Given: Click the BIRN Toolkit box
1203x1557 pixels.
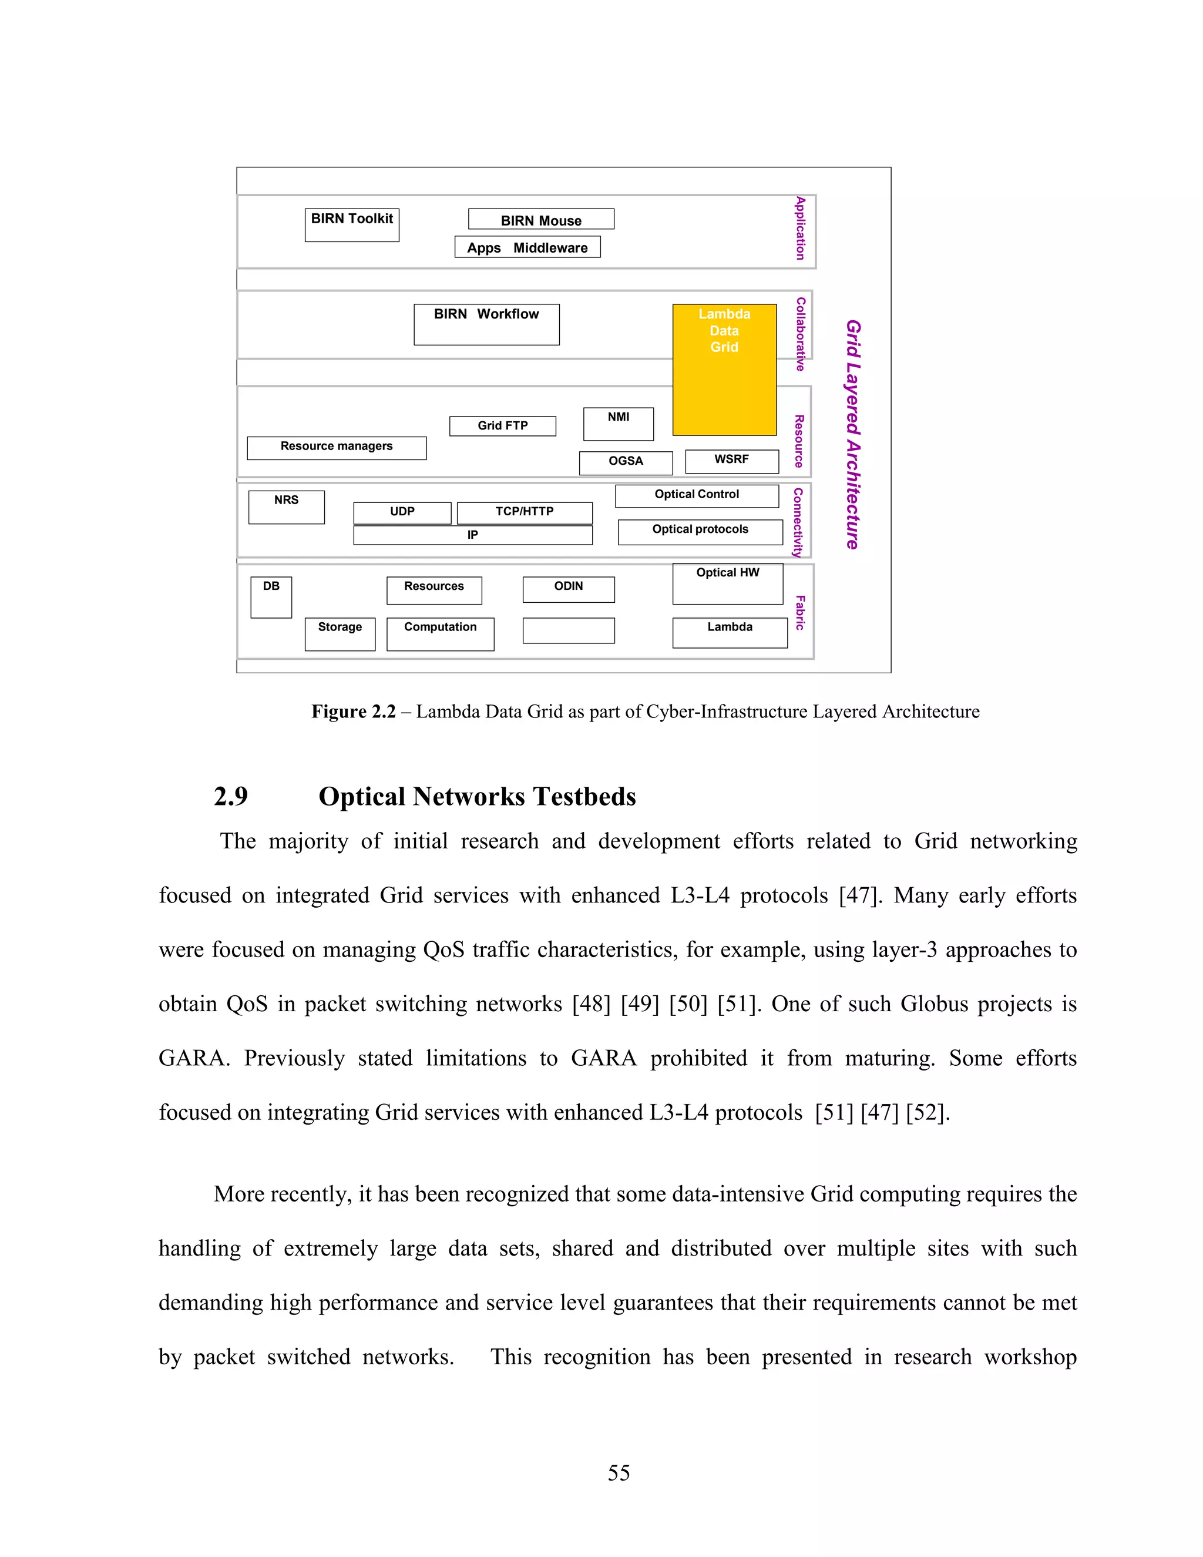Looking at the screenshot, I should (x=351, y=224).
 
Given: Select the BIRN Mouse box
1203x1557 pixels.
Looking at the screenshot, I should (x=541, y=220).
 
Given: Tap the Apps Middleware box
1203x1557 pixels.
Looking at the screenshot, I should (x=527, y=247).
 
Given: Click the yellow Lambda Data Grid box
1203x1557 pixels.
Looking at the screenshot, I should (x=724, y=370).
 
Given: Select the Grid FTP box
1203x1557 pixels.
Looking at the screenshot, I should (x=502, y=425).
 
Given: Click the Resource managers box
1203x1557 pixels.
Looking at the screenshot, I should (x=337, y=448).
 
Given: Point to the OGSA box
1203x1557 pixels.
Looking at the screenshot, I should (x=626, y=462).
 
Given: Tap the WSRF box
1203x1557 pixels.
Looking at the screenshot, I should (x=731, y=461).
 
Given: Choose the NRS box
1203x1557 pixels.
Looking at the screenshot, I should (x=286, y=507).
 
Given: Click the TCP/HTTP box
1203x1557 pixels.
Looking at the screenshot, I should (x=525, y=512).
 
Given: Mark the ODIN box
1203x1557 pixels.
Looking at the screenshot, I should (x=568, y=589).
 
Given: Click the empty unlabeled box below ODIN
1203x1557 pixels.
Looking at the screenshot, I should (x=568, y=630).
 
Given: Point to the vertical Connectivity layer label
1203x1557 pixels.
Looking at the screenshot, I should (x=798, y=522).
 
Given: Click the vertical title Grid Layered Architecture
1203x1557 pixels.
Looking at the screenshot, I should (x=853, y=434).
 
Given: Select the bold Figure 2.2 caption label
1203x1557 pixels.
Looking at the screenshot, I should (x=353, y=712).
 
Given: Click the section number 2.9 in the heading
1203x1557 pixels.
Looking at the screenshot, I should (x=231, y=796).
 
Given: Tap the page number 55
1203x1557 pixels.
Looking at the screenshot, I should (x=619, y=1472).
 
